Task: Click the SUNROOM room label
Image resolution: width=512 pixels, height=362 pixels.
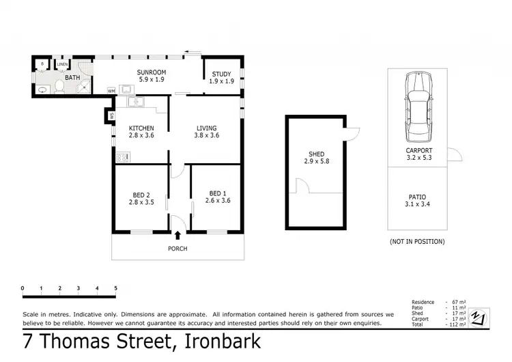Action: coord(151,72)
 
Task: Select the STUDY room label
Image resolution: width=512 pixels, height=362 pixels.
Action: coord(221,74)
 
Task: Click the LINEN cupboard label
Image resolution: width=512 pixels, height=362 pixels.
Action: coord(63,65)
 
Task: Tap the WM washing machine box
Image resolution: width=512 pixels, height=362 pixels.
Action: coord(111,91)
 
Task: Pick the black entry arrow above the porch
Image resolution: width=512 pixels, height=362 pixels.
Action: coord(177,236)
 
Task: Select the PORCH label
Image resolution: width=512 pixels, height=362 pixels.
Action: coord(177,249)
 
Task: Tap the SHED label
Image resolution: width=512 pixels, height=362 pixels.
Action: coord(316,153)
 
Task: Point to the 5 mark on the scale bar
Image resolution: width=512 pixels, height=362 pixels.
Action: coord(115,288)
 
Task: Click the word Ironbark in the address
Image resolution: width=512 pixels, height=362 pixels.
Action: coord(218,341)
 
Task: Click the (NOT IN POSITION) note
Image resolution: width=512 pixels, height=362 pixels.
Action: coord(417,241)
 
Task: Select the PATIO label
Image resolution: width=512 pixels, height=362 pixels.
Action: coord(416,197)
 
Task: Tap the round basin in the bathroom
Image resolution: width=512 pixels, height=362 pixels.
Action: coord(42,89)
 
